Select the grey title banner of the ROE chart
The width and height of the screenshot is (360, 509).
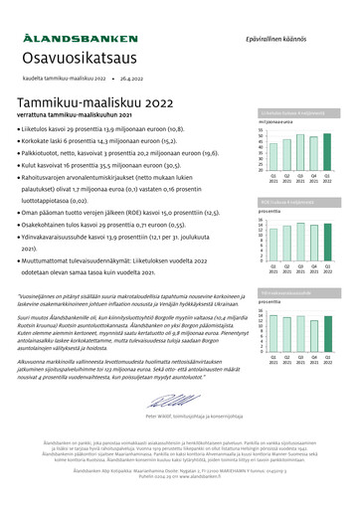298,203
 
